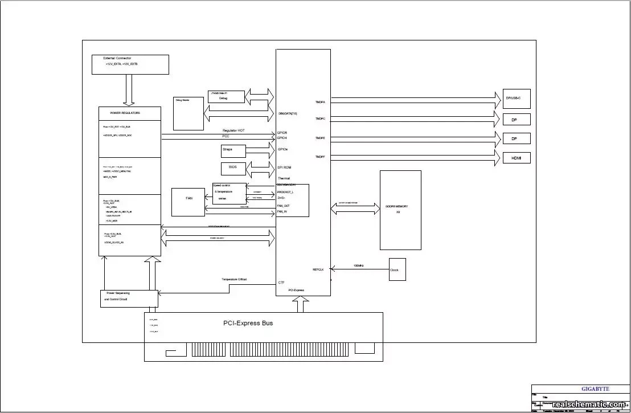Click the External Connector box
[x=130, y=64]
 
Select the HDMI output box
[x=517, y=158]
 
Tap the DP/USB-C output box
[x=517, y=99]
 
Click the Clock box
[x=397, y=269]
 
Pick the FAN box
[x=189, y=201]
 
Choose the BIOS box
[x=233, y=169]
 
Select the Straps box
[x=233, y=151]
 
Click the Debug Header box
[x=189, y=113]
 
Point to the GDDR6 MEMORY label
[x=400, y=206]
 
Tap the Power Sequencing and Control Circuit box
[x=129, y=298]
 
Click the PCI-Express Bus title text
[x=248, y=323]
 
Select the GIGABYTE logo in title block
[x=595, y=389]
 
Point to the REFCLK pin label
[x=318, y=269]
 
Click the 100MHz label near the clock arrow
[x=358, y=265]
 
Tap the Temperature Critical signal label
[x=234, y=279]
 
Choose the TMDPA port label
[x=320, y=102]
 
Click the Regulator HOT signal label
[x=233, y=131]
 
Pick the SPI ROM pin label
[x=284, y=167]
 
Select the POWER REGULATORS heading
[x=125, y=113]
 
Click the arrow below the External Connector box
[x=129, y=90]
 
